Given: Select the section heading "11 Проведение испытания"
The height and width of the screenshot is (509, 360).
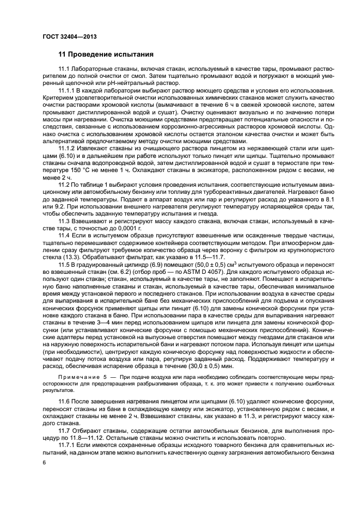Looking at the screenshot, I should (106, 54).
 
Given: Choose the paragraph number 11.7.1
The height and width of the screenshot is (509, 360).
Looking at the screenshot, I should (68, 445).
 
